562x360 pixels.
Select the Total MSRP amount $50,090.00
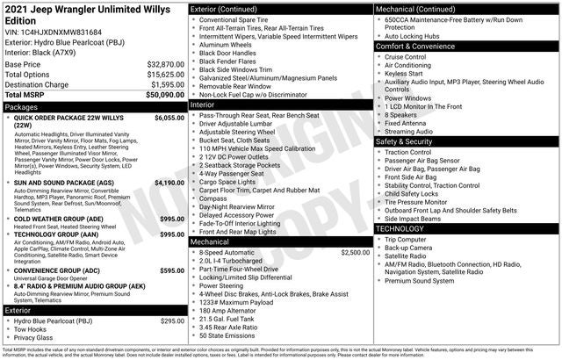(164, 94)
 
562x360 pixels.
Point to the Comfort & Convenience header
(419, 46)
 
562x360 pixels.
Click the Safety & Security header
(410, 141)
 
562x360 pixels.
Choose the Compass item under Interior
(214, 198)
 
